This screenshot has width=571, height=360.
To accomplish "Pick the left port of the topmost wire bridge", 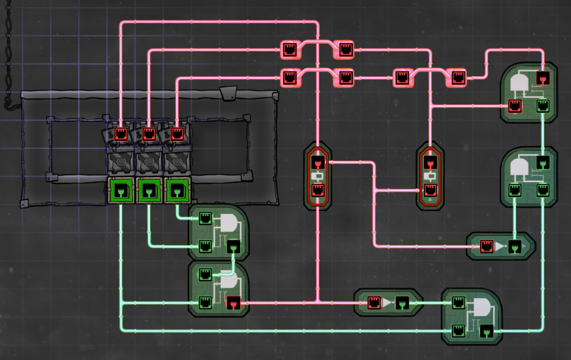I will tap(290, 50).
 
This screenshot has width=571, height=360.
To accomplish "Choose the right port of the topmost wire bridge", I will tap(346, 50).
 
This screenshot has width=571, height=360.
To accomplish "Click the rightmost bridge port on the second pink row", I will tap(458, 78).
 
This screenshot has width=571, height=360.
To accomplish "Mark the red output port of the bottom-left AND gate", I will tap(233, 302).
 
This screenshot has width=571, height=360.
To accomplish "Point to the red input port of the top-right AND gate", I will tap(515, 106).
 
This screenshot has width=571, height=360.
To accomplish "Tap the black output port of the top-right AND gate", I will tap(543, 78).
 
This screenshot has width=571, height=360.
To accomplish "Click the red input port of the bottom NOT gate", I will tap(374, 302).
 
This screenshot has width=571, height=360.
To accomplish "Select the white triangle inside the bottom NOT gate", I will tap(388, 302).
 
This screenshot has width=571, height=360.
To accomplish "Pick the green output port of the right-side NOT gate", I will tap(515, 246).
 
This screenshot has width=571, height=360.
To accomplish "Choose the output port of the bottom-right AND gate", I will tap(486, 331).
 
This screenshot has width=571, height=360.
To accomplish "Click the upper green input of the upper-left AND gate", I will tap(205, 218).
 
